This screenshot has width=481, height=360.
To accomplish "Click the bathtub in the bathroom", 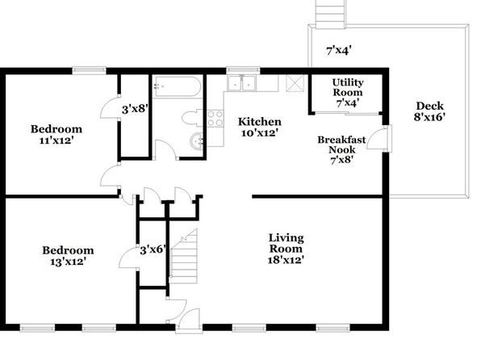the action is [x=177, y=86].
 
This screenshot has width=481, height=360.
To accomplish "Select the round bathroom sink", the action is [x=196, y=142].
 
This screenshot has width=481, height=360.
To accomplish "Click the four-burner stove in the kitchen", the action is [x=215, y=119].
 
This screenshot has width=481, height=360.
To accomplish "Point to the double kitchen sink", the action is [x=241, y=83].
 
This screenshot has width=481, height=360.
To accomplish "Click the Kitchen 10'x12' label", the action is [x=260, y=127].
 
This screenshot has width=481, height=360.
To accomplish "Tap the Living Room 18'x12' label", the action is [x=286, y=249].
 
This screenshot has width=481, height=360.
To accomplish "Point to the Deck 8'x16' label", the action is [x=430, y=111].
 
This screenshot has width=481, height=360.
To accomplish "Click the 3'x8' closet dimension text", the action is [x=136, y=109].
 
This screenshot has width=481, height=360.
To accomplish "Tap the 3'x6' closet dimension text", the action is [x=153, y=250].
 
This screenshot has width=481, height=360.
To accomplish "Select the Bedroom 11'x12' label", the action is [x=56, y=135].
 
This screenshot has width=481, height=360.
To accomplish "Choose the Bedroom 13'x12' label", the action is [x=68, y=256].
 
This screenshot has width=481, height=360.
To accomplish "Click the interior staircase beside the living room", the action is [x=183, y=256].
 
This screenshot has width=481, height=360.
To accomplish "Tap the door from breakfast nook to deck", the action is [x=379, y=139].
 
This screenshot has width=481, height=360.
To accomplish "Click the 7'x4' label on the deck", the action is [x=339, y=50].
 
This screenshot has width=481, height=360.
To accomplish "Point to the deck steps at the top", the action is [x=331, y=15].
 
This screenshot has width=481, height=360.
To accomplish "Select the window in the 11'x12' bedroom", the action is [x=90, y=70].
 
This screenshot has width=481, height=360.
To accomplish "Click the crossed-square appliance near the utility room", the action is [x=295, y=83].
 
